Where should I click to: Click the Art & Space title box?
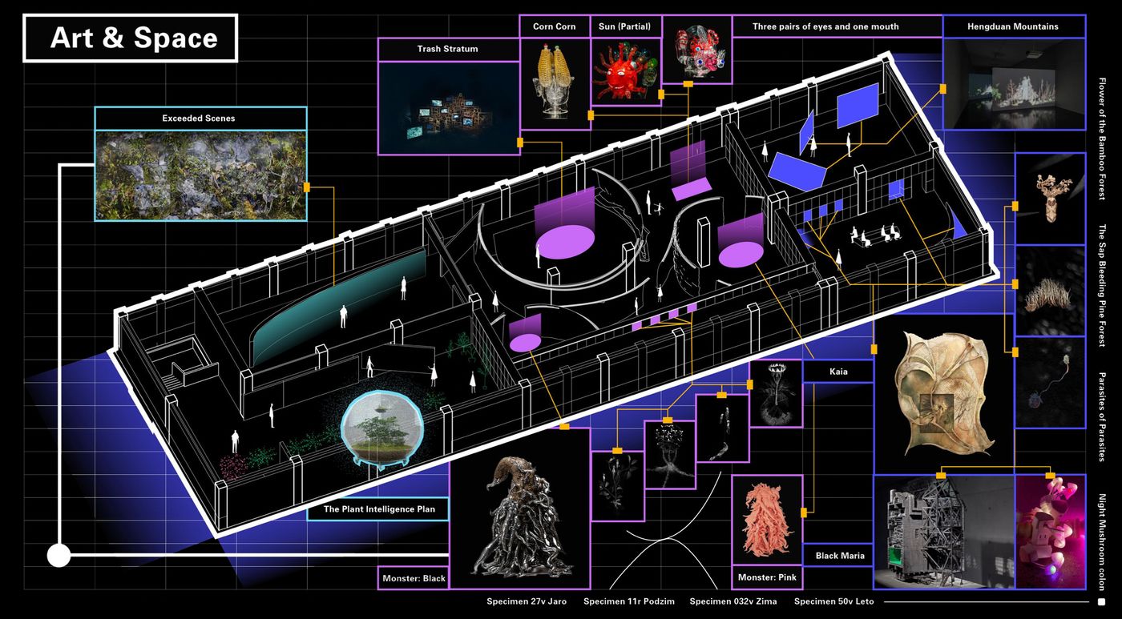point(130,38)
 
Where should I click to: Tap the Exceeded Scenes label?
point(199,119)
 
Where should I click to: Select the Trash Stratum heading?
point(447,49)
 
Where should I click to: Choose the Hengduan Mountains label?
point(1013,26)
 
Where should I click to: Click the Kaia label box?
point(838,372)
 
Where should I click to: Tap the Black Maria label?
point(840,556)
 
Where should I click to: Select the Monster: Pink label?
point(767,577)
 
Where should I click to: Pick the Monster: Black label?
point(414,578)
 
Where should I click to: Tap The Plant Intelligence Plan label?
point(378,509)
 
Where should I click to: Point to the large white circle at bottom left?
point(59,556)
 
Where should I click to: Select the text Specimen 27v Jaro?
point(527,601)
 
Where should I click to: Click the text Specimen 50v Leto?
point(833,601)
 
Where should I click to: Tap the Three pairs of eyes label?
point(825,26)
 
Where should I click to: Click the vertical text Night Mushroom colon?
point(1102,542)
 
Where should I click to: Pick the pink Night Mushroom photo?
point(1051,532)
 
